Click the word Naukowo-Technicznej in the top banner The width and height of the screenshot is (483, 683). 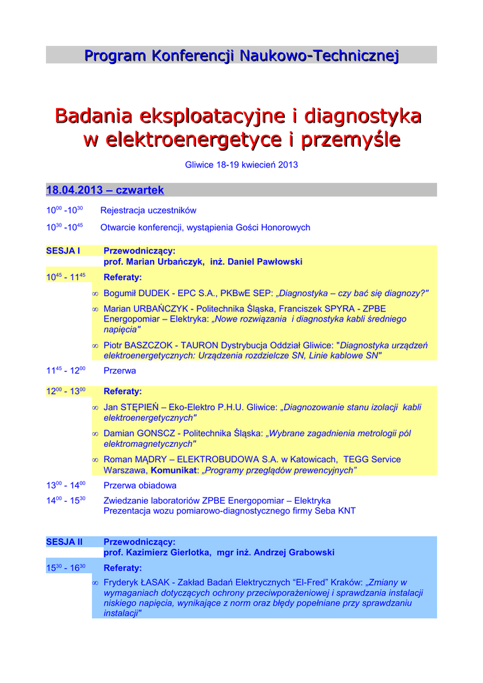point(319,55)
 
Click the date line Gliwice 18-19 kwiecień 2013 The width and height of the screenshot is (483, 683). point(241,165)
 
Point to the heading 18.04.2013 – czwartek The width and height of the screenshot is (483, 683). point(105,191)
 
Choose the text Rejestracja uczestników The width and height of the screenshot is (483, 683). point(148,210)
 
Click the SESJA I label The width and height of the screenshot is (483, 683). point(63,251)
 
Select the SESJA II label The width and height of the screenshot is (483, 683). point(64,542)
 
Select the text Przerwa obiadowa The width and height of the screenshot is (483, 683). point(140,486)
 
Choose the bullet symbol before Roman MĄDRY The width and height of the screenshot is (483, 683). point(95,460)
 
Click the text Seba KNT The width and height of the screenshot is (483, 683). point(336,511)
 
